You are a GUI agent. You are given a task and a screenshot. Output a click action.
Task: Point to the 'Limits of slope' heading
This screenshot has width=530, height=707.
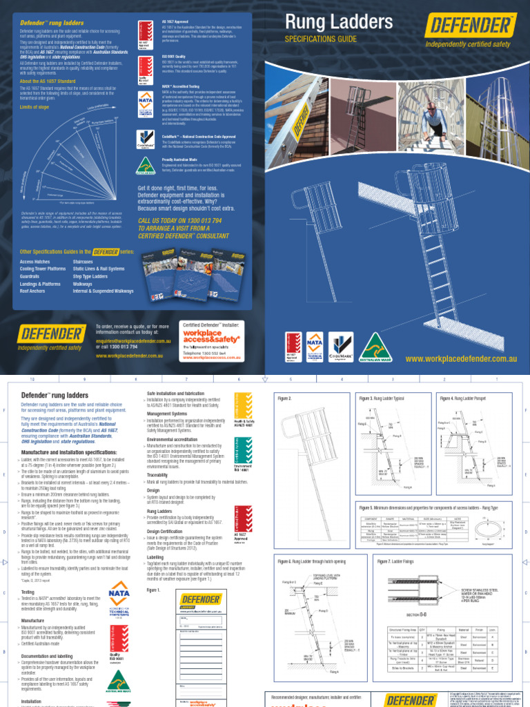click(x=35, y=108)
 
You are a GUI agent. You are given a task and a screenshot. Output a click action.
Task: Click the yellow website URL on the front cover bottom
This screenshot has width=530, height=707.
click(x=460, y=359)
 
